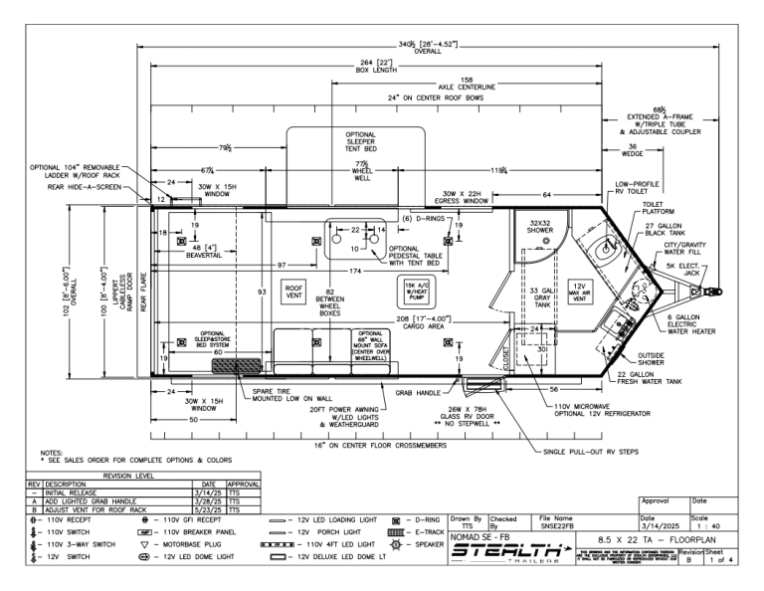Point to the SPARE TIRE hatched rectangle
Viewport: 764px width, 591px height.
tap(235, 366)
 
